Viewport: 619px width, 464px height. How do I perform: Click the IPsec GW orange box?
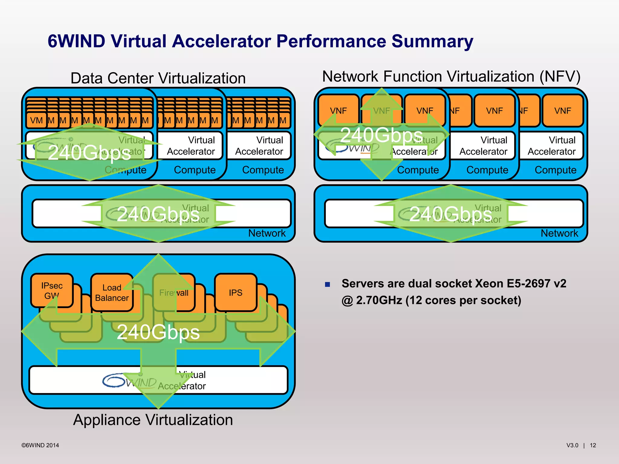[x=52, y=290]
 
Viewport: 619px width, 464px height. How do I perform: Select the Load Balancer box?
[x=112, y=292]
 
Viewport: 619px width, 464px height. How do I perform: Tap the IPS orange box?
[x=235, y=292]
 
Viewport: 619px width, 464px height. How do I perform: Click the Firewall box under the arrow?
[x=174, y=292]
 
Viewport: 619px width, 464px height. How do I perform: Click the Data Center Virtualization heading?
[x=158, y=78]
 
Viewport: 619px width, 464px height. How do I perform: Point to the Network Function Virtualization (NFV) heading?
[x=451, y=76]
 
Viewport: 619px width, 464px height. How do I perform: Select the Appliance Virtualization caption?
[x=153, y=420]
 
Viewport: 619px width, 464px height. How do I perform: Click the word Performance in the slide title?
[x=331, y=41]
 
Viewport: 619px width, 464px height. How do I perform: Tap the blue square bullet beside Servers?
[x=327, y=284]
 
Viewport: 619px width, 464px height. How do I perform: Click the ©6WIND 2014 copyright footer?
[x=40, y=445]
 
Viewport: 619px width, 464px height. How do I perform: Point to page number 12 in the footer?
[x=593, y=445]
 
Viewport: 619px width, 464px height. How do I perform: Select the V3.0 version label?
[x=572, y=445]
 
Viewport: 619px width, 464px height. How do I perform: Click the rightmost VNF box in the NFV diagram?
[x=562, y=111]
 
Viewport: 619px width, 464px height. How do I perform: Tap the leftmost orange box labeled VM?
[x=36, y=121]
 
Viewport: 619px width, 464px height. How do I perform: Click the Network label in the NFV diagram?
[x=559, y=233]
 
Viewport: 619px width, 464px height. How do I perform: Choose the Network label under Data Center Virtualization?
[x=267, y=233]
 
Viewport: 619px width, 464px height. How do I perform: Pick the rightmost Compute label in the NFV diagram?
[x=555, y=170]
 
